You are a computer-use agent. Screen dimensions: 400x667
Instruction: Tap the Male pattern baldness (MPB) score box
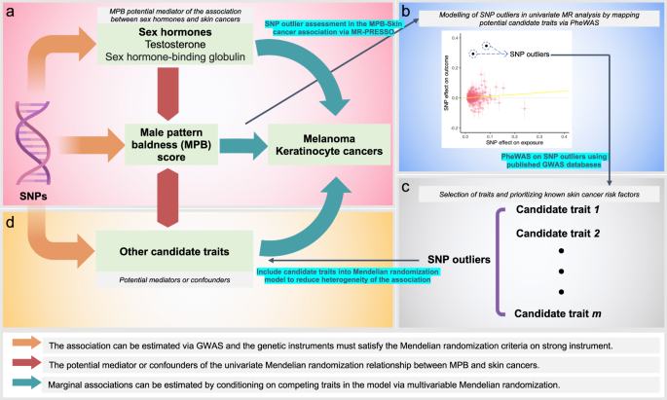pyautogui.click(x=174, y=145)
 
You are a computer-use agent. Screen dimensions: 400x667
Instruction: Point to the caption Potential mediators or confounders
pyautogui.click(x=173, y=280)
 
